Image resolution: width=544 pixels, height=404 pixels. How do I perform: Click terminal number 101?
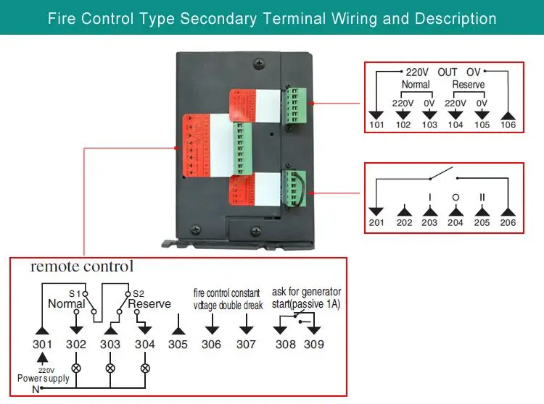376,125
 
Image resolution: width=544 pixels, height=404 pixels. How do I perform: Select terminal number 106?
508,125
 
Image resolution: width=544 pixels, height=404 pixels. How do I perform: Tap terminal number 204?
456,223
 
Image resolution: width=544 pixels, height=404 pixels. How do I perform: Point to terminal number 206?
508,223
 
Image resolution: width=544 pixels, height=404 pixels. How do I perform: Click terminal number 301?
44,345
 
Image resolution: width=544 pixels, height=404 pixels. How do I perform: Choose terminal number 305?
178,345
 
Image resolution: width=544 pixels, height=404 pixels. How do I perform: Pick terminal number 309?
314,345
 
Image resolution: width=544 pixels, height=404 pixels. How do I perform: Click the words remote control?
81,266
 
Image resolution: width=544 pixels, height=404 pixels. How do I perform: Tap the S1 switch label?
75,293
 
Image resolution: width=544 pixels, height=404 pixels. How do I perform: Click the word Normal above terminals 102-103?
416,85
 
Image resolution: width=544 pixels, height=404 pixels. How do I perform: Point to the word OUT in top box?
448,72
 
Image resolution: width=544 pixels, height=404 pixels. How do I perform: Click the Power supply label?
44,379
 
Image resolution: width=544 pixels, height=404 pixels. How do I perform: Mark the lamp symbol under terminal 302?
76,368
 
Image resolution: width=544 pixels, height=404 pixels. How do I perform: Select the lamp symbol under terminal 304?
144,368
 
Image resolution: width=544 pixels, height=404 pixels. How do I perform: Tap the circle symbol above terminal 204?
456,197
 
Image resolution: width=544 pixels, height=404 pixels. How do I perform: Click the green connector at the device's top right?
294,104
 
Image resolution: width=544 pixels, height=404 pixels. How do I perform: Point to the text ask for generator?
305,292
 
